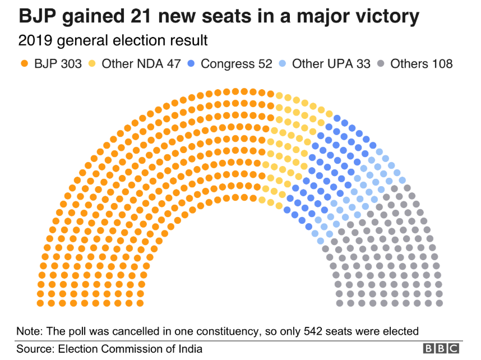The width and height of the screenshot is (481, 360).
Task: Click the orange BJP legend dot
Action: coord(24,63)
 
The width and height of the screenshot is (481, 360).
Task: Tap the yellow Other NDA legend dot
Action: coord(93,63)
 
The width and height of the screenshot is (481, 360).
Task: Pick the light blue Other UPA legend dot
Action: coord(284,63)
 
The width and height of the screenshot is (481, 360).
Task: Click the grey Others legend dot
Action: coord(382,63)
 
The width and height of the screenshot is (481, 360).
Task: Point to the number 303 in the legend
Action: coord(72,63)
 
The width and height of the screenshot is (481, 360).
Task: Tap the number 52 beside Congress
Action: coord(262,63)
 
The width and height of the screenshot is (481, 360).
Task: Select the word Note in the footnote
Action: coord(29,330)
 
